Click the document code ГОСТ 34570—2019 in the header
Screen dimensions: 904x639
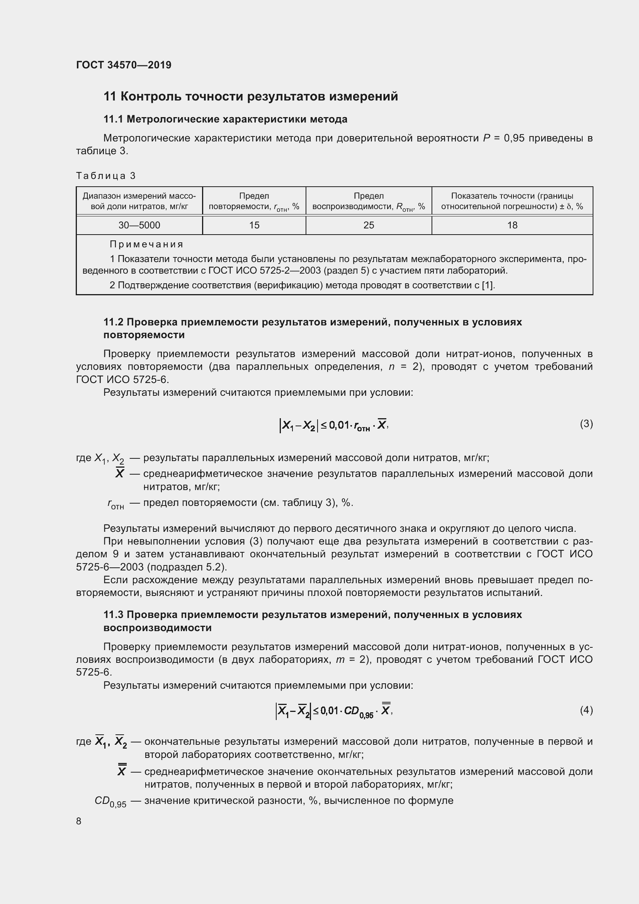coord(124,65)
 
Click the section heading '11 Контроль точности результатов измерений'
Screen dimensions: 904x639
coord(251,97)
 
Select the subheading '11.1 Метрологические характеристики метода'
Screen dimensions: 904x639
coord(225,119)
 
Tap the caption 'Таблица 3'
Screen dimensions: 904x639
coord(105,175)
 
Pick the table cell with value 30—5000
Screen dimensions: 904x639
coord(139,225)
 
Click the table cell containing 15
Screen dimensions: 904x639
coord(254,225)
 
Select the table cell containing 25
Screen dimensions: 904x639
coord(369,225)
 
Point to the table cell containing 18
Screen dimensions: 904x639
coord(512,225)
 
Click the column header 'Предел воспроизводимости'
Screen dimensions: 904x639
coord(369,201)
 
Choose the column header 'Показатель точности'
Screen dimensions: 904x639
coord(512,201)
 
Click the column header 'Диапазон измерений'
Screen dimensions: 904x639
coord(139,201)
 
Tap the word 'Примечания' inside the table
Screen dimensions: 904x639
coord(146,245)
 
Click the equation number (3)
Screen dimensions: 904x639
coord(586,424)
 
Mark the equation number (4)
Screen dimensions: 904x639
coord(586,710)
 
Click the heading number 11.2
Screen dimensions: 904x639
coord(113,322)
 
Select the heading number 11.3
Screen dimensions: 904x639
coord(113,615)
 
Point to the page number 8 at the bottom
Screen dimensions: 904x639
coord(79,821)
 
